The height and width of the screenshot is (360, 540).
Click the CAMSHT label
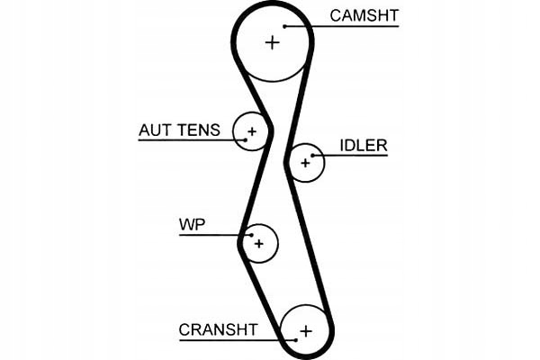[364, 15]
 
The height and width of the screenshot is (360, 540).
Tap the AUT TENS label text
[178, 130]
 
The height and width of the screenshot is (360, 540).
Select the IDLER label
[363, 146]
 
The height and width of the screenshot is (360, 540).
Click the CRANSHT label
[218, 329]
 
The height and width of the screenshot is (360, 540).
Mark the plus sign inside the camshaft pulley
[272, 41]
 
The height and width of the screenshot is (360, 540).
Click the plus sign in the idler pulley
[305, 163]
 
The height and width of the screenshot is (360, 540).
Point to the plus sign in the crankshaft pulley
[305, 330]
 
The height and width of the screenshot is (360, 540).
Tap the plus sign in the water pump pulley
[259, 243]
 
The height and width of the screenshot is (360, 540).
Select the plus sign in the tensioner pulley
[252, 133]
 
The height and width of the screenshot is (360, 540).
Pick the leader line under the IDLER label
[355, 156]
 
